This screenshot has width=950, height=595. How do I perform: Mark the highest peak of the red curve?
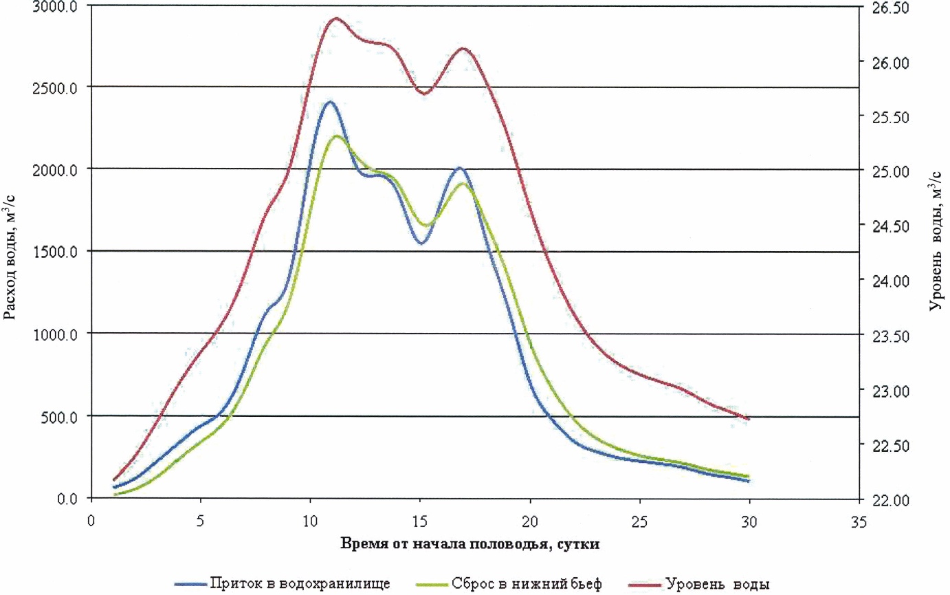[336, 19]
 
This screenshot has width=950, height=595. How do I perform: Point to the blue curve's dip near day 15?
[421, 243]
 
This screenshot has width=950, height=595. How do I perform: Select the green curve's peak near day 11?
[337, 136]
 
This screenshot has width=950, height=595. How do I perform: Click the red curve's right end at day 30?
[748, 418]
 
